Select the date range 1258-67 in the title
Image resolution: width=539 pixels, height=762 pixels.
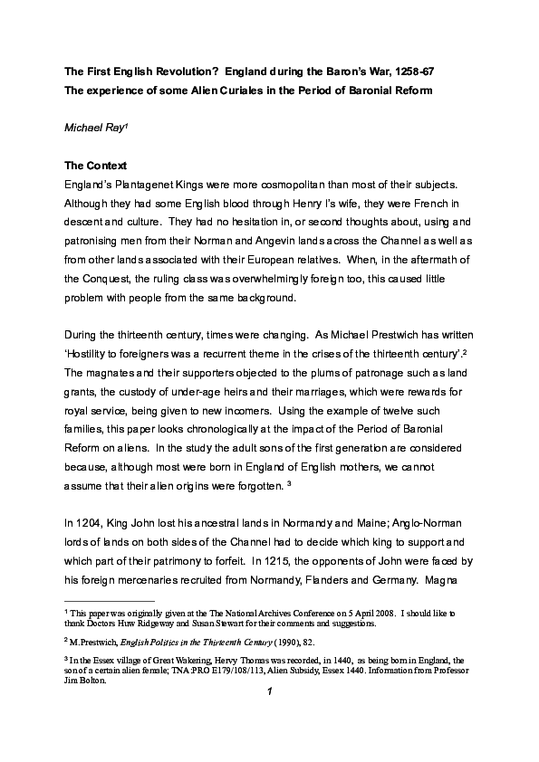(x=409, y=69)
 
